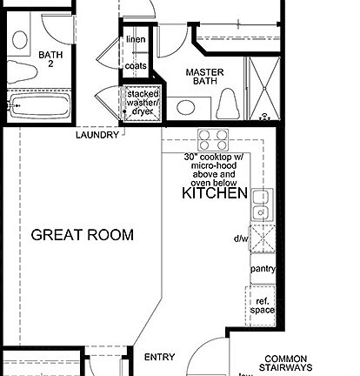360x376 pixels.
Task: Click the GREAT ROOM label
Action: [x=83, y=235]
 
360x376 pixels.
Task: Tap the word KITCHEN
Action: [x=214, y=194]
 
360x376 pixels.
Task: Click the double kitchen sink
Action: [x=259, y=206]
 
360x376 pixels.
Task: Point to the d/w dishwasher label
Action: [x=241, y=238]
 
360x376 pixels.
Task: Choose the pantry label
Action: [x=263, y=269]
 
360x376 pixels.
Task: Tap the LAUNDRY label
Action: [x=97, y=135]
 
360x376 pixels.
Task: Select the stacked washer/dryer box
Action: [x=143, y=104]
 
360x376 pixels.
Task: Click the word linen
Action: [x=136, y=40]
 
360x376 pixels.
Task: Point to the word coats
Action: [x=136, y=65]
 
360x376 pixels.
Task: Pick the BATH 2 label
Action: [x=50, y=59]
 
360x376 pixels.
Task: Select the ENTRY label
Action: [x=159, y=357]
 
